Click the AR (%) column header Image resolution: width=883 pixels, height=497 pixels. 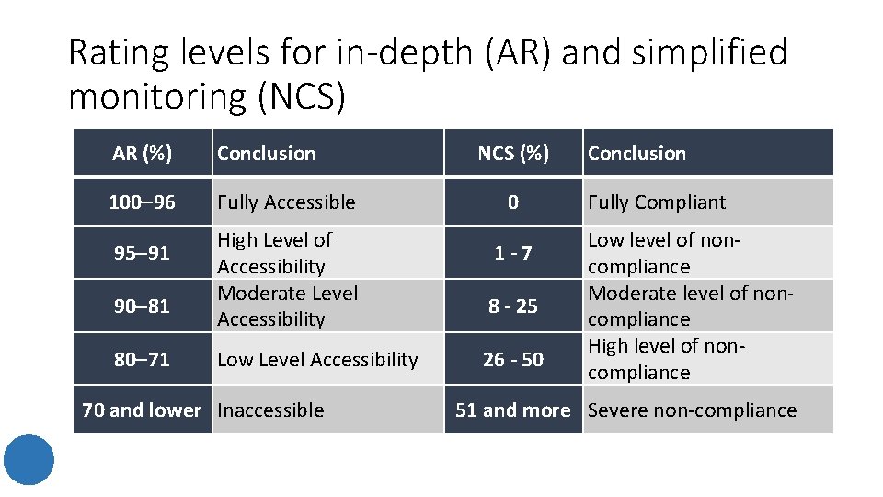142,154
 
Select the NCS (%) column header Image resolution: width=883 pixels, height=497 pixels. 513,154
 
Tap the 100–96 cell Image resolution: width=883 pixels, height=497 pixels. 142,202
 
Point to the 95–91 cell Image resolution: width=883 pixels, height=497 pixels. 142,252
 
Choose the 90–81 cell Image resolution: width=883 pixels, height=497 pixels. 142,306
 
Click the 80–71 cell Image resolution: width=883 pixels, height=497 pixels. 142,359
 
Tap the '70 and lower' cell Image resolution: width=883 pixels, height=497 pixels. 142,410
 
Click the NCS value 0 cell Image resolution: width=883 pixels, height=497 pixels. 513,202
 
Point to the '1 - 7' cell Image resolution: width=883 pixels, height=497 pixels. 513,252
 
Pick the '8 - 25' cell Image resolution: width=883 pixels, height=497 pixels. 513,306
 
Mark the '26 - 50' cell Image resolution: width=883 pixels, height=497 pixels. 513,359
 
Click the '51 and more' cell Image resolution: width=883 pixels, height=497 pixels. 513,410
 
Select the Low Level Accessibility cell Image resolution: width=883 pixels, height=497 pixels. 317,359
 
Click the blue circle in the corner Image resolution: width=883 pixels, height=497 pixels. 28,459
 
